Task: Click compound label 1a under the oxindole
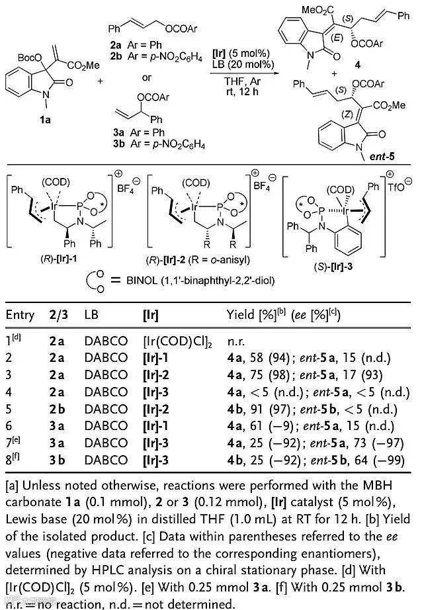point(24,130)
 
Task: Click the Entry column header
point(19,315)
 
